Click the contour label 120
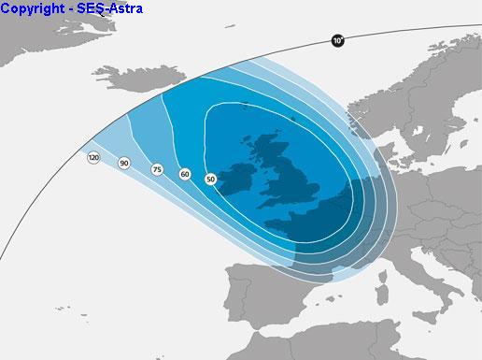click(93, 158)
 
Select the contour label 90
click(124, 164)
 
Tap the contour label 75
click(157, 169)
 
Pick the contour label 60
click(185, 175)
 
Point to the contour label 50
click(210, 179)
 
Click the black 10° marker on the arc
click(337, 41)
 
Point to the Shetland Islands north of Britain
click(291, 119)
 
